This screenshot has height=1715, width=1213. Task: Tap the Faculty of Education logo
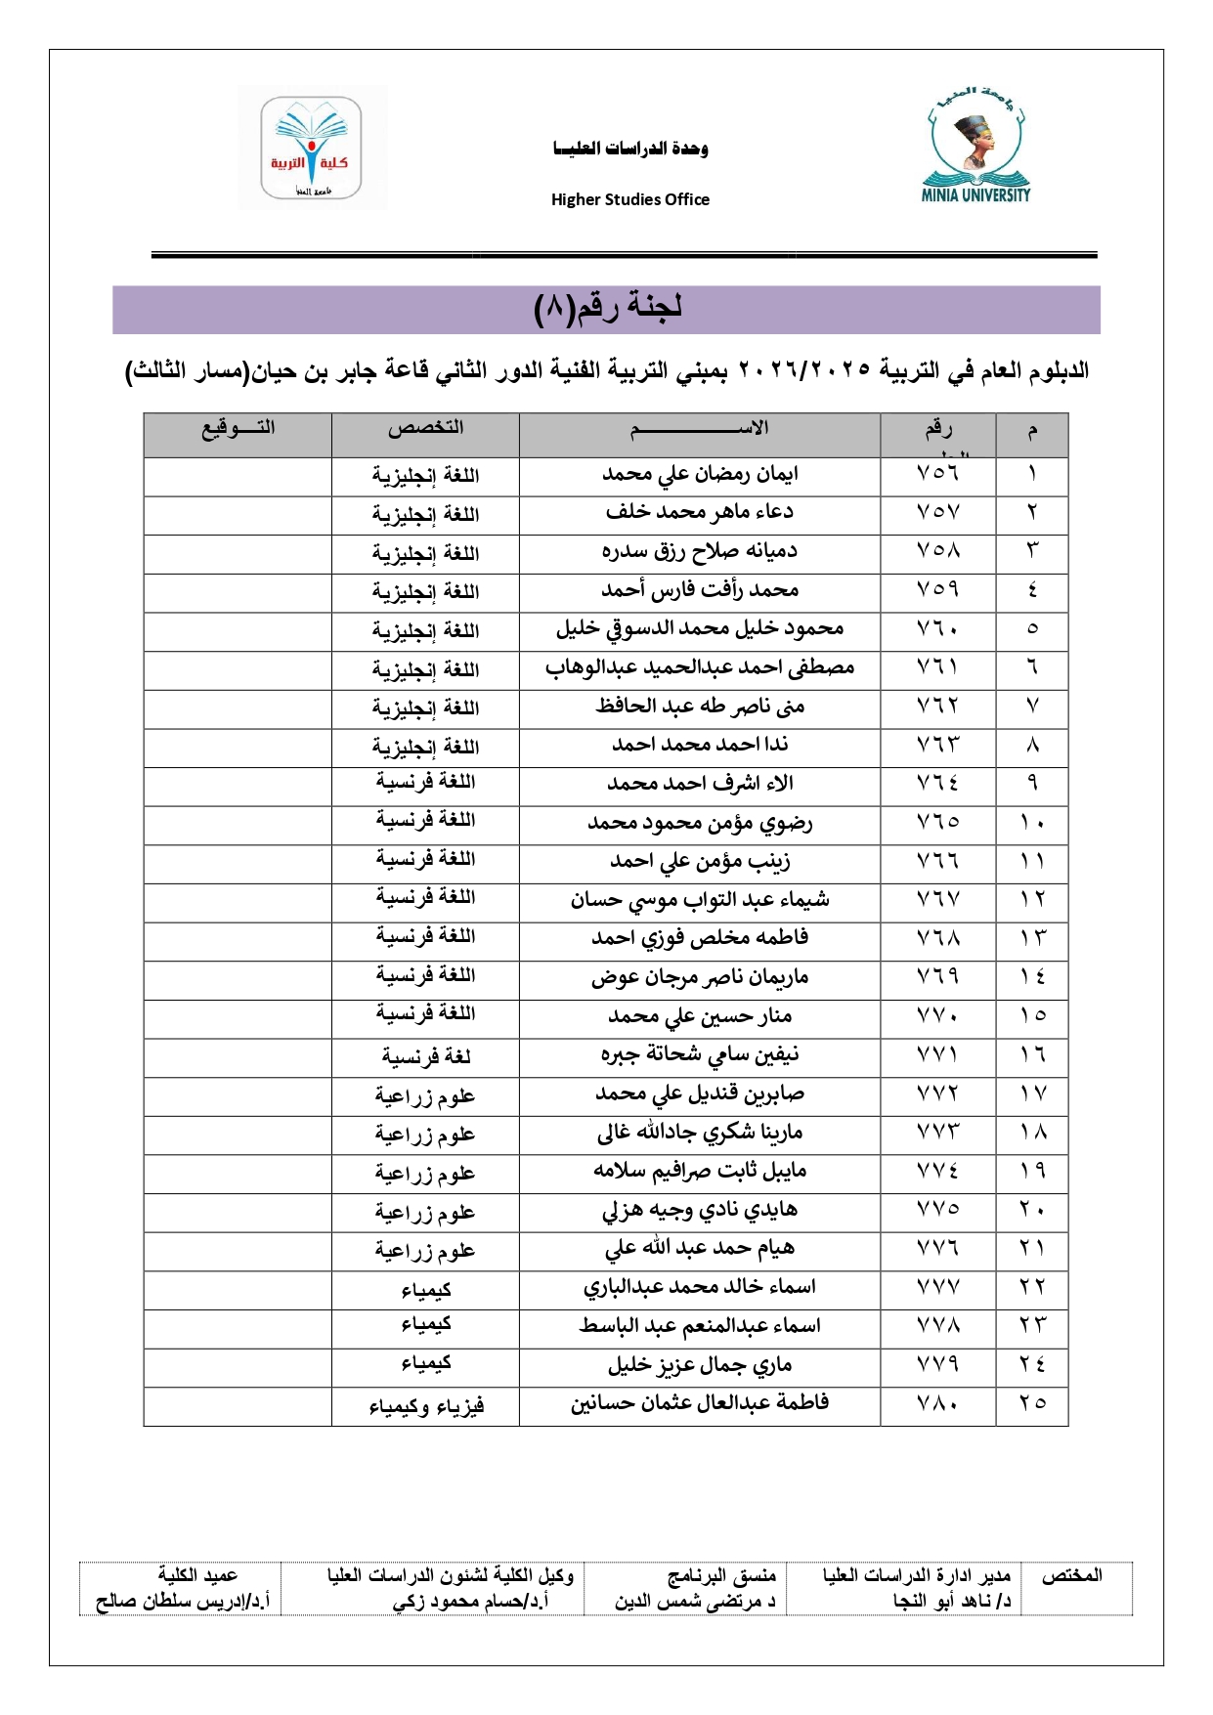pos(311,147)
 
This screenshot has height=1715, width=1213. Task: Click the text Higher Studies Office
pos(630,199)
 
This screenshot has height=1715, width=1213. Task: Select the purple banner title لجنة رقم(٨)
pos(607,309)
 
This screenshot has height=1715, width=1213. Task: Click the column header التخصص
pos(425,428)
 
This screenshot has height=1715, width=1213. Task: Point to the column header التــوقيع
pos(238,428)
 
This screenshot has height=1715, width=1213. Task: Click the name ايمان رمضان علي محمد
pos(700,475)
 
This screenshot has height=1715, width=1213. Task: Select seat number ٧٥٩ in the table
pos(937,590)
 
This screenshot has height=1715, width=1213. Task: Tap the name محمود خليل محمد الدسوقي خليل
pos(700,629)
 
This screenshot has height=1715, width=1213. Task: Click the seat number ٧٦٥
pos(937,823)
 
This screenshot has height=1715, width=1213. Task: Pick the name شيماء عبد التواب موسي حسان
pos(700,900)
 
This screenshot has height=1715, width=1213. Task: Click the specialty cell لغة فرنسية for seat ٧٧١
pos(425,1056)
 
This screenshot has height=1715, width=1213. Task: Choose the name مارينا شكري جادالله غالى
pos(700,1134)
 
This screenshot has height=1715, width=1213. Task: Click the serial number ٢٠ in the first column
pos(1031,1210)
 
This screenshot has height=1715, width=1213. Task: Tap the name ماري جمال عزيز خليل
pos(700,1365)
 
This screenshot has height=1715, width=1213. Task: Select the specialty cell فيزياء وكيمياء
pos(425,1406)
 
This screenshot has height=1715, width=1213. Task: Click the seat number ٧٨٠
pos(937,1404)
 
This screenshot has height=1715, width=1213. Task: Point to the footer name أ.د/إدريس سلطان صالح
pos(183,1602)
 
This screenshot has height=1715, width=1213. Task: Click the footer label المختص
pos(1071,1575)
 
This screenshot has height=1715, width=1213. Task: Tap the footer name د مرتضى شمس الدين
pos(695,1602)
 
